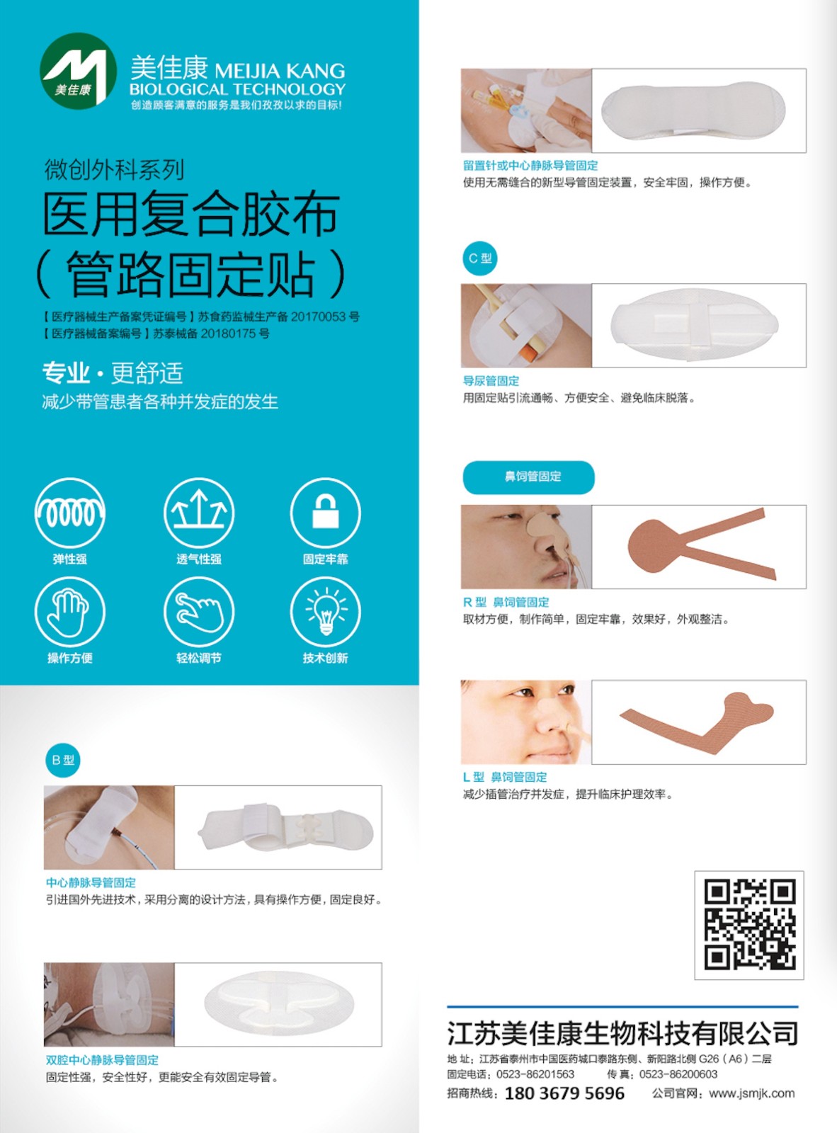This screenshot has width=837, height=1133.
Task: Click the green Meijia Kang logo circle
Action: tap(78, 71)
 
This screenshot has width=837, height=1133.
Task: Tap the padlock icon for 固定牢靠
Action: tap(326, 513)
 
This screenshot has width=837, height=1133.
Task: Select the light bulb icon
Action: tap(326, 611)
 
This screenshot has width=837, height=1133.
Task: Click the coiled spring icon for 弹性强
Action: tap(70, 513)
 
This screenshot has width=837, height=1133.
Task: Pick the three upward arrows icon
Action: tap(199, 513)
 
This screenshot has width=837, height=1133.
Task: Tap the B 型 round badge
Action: tap(62, 760)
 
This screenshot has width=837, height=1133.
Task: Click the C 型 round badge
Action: tap(480, 258)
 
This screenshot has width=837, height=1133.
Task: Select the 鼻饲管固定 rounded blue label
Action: tap(528, 477)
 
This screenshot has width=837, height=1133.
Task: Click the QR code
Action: tap(749, 925)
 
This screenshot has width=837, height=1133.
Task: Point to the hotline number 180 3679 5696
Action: tap(564, 1093)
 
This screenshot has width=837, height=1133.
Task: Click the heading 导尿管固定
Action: tap(491, 380)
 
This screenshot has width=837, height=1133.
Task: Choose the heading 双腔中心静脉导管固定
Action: tap(102, 1060)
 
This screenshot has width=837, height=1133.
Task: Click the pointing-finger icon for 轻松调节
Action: tap(199, 611)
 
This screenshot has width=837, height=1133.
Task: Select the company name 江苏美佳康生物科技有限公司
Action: tap(622, 1033)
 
